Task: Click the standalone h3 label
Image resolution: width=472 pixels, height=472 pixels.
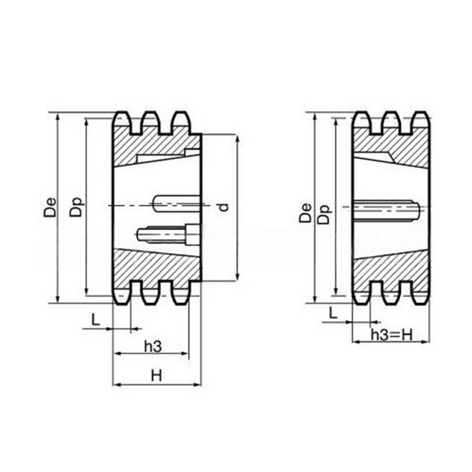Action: point(153,346)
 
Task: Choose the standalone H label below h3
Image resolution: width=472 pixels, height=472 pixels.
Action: point(156,376)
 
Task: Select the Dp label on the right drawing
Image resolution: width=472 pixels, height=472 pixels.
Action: point(325,213)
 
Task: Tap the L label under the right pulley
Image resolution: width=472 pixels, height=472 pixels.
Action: point(332,312)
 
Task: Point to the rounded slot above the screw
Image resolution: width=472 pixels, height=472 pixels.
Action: point(175,202)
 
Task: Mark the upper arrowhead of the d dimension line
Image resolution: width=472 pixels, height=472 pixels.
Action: point(237,138)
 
